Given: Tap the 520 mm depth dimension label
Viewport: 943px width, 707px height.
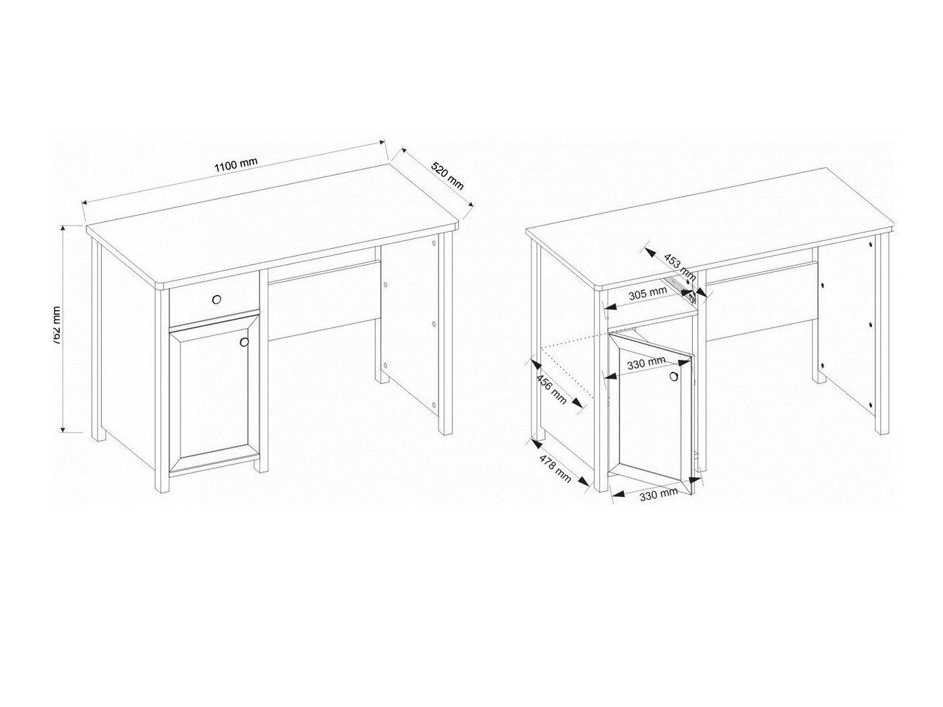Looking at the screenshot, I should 447,176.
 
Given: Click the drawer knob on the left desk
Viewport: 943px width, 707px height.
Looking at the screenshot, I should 216,300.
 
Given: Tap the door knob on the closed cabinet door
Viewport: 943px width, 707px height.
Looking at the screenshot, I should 244,342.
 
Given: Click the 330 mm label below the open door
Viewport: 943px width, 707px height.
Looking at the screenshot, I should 658,493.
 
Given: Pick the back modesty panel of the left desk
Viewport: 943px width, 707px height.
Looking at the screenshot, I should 323,299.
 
